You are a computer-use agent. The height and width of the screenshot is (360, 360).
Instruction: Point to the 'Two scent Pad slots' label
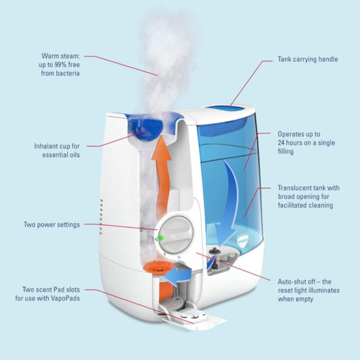(51, 293)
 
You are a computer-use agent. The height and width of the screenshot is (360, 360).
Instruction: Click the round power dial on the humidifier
(179, 233)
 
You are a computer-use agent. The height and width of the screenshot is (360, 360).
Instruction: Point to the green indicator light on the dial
(160, 238)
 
